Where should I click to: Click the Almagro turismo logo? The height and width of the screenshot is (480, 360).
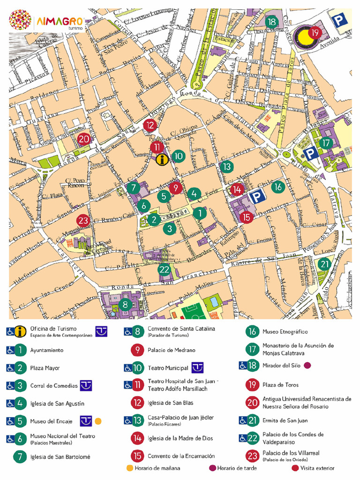[47, 21]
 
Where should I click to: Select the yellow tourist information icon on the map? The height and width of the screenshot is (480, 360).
[162, 160]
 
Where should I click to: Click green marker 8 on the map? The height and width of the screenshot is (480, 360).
[125, 304]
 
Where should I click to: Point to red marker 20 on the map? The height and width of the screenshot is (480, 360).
[84, 139]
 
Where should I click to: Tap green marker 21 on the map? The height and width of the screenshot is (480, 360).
[324, 264]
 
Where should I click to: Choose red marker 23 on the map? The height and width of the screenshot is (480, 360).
[83, 220]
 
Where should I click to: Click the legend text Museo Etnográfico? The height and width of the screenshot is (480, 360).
[285, 332]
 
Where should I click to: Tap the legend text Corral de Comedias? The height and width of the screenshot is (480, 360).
[54, 386]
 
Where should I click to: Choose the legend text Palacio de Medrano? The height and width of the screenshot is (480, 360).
[172, 350]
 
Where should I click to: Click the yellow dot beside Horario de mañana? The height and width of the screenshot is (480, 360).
[129, 468]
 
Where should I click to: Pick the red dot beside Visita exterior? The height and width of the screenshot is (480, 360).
[295, 468]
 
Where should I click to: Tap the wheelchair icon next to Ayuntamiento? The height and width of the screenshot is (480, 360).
[10, 350]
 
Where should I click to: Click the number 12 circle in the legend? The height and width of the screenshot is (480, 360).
[137, 403]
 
